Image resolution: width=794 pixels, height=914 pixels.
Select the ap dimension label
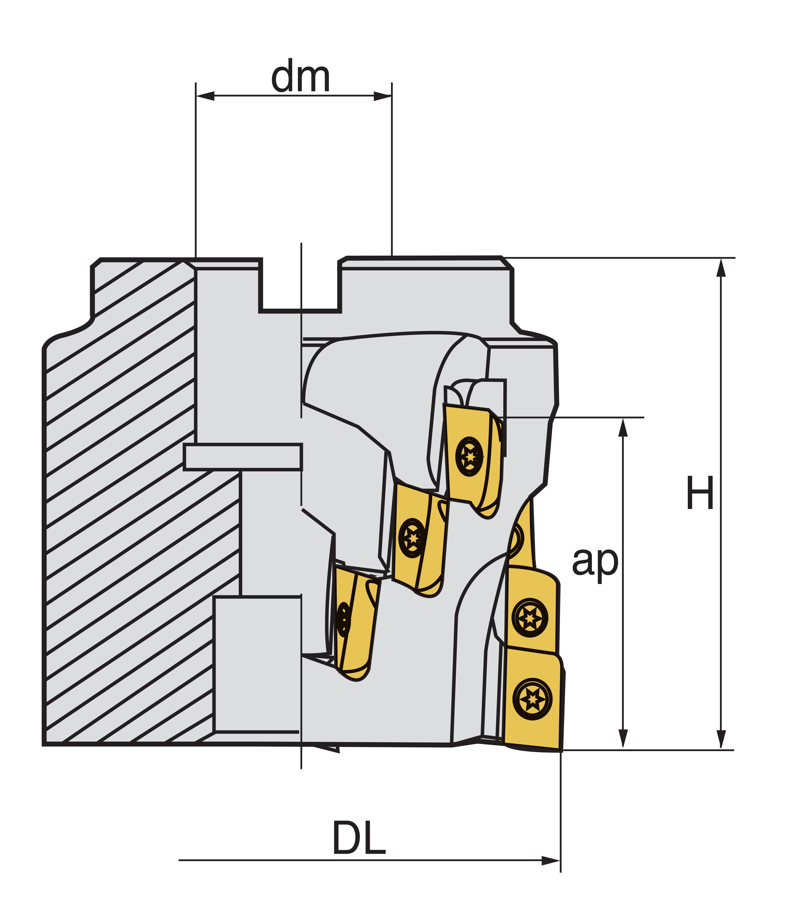(x=595, y=562)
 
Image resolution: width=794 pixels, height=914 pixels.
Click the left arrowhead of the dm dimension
(x=205, y=96)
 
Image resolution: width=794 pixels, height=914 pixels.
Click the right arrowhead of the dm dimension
(x=383, y=96)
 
